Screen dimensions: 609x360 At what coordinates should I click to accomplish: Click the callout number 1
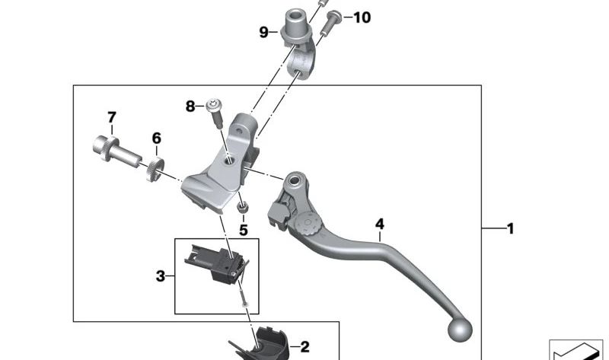[x=511, y=228]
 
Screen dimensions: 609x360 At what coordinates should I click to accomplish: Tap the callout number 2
[x=305, y=347]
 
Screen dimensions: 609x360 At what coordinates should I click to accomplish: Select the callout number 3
[x=161, y=276]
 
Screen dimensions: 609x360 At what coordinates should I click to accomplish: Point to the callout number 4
[x=379, y=224]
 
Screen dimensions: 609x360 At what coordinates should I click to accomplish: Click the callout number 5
[x=243, y=230]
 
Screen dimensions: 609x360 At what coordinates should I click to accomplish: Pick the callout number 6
[x=156, y=138]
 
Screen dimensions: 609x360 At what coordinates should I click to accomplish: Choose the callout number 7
[x=112, y=117]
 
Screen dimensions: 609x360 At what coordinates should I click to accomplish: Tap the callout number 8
[x=190, y=106]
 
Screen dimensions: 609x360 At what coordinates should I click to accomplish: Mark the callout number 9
[x=263, y=32]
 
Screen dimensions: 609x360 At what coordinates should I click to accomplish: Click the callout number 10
[x=362, y=17]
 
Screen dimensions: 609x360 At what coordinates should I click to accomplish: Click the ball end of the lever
[x=460, y=330]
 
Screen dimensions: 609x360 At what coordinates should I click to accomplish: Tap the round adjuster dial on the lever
[x=308, y=223]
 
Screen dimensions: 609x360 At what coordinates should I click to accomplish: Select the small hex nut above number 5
[x=242, y=207]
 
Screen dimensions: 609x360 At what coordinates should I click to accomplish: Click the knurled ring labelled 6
[x=155, y=168]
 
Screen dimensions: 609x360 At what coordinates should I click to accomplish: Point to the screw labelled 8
[x=215, y=113]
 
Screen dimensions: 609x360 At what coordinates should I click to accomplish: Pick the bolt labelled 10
[x=330, y=24]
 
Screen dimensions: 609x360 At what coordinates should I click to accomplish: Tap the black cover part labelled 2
[x=262, y=345]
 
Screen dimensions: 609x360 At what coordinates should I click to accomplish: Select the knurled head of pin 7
[x=104, y=148]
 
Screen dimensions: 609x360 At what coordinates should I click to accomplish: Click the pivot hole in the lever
[x=295, y=180]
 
